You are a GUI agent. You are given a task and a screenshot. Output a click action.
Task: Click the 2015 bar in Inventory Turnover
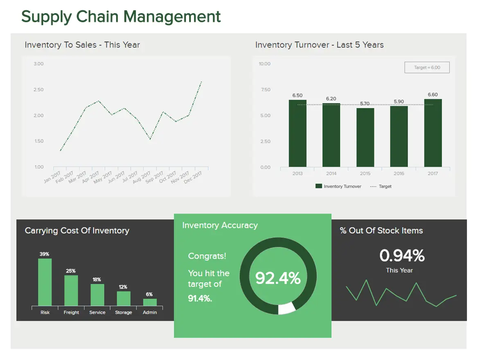365,137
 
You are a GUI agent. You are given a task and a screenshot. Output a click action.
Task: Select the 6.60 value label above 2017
433,95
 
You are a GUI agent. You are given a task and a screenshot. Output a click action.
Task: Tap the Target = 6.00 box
427,67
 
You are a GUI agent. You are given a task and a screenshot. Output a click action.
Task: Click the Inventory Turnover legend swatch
319,186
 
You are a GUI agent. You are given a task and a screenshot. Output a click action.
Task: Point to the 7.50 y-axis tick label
265,90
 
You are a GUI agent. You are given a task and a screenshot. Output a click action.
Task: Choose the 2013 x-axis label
298,173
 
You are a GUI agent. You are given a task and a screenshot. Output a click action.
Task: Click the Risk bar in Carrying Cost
45,282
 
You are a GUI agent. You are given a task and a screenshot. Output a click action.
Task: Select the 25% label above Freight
71,271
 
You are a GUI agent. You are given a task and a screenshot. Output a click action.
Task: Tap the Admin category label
150,312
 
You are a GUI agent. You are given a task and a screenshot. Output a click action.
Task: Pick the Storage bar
124,298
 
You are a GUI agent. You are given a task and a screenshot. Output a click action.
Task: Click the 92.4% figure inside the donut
278,278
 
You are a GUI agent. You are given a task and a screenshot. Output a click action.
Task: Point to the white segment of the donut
286,308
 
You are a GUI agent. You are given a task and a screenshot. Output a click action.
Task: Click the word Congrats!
207,256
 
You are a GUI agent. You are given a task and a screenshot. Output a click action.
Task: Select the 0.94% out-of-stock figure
401,256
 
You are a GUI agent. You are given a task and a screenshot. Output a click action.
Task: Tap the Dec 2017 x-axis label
193,177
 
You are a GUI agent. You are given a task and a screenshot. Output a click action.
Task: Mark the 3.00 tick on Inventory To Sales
38,64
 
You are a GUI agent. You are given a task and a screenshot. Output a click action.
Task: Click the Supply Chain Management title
121,17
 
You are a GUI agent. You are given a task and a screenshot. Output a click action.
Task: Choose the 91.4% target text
200,298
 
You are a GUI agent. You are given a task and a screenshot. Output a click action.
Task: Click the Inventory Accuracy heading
220,225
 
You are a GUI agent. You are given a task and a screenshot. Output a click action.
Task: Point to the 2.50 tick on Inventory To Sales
38,90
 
